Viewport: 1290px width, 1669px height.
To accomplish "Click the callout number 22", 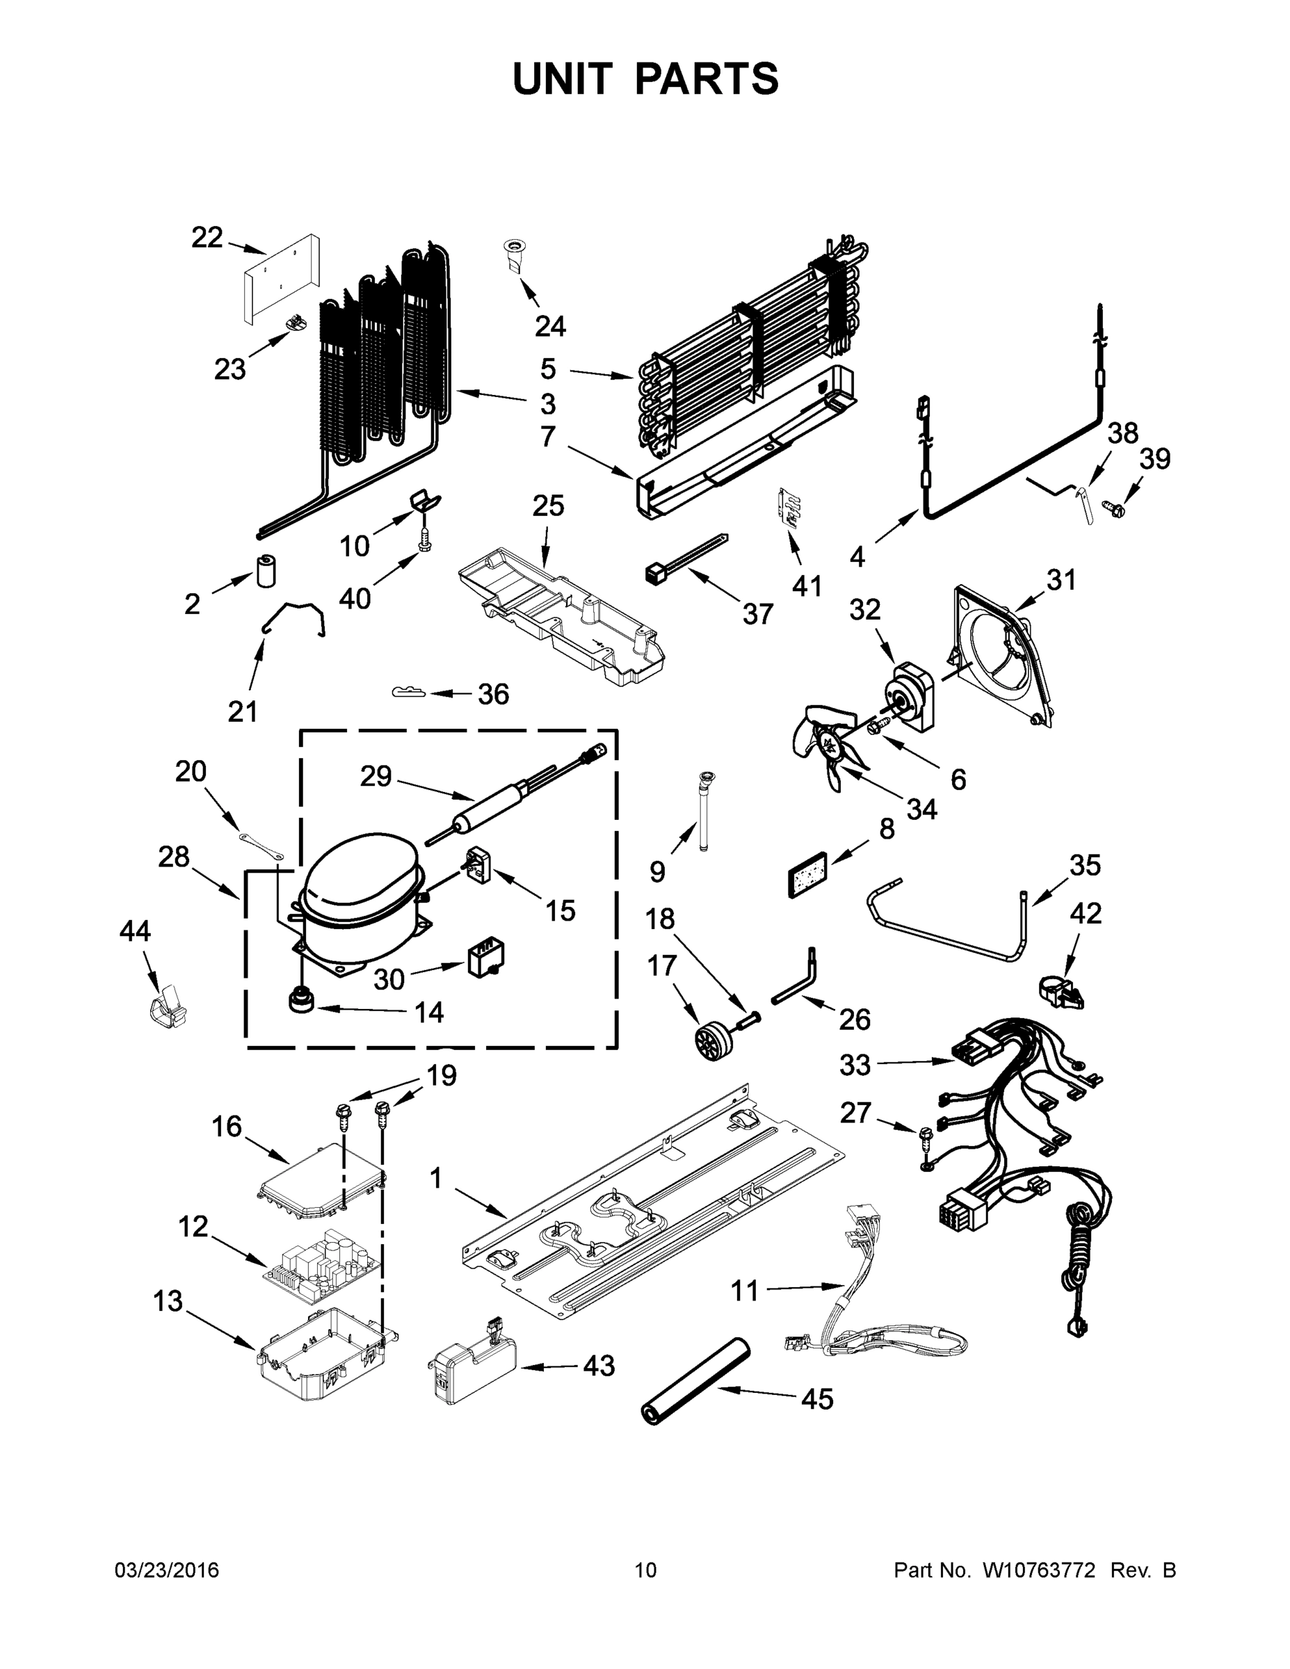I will [207, 238].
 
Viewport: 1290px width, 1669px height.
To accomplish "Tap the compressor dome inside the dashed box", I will [359, 879].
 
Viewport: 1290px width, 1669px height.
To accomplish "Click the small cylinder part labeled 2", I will [266, 572].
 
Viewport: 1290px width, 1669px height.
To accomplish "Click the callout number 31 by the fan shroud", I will [1061, 579].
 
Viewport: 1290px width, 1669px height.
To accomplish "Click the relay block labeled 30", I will [486, 957].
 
